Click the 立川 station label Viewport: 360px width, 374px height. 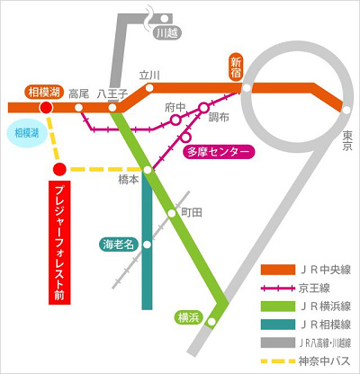[149, 76]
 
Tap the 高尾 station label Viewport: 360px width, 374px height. [77, 93]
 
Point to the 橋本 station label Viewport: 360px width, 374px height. [129, 180]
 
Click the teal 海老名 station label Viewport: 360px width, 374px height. [116, 243]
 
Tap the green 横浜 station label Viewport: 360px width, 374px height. [188, 316]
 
